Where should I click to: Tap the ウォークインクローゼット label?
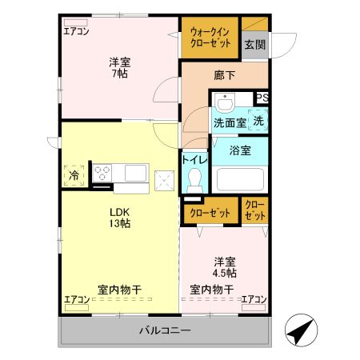tap(210, 37)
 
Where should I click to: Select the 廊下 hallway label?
tap(225, 74)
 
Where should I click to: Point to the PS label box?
tap(262, 98)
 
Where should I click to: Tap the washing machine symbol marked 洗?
tap(258, 121)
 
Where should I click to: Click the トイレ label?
tap(195, 160)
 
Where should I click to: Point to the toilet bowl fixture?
tap(194, 182)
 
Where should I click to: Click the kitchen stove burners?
tap(103, 171)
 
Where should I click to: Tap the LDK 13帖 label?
tap(120, 218)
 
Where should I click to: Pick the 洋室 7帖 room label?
tap(121, 67)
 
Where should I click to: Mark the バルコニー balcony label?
tap(163, 330)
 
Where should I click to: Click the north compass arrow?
tap(298, 330)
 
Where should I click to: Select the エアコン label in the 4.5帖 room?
tap(254, 299)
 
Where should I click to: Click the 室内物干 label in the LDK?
tap(120, 290)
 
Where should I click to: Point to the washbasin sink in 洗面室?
tap(225, 103)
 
